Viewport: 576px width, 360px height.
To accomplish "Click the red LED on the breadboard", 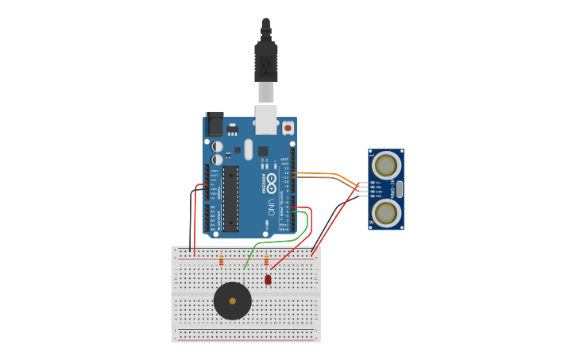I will point(268,279).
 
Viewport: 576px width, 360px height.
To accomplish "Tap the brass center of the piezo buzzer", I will point(232,300).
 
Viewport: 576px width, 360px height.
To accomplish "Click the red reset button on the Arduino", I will point(288,126).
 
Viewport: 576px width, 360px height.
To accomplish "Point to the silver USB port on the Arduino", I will point(266,119).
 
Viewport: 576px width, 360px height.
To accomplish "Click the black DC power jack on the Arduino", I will point(215,124).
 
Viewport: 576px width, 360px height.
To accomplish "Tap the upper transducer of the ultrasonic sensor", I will point(386,166).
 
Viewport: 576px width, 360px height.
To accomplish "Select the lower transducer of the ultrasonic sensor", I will point(386,212).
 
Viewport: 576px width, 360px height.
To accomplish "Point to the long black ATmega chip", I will point(230,199).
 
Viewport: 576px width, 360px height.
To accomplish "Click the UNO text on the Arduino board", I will point(271,207).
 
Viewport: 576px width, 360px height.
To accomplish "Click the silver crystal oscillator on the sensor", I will point(399,189).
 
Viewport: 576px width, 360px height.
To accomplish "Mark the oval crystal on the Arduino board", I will point(249,149).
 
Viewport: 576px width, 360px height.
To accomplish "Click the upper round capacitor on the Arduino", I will point(217,146).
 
